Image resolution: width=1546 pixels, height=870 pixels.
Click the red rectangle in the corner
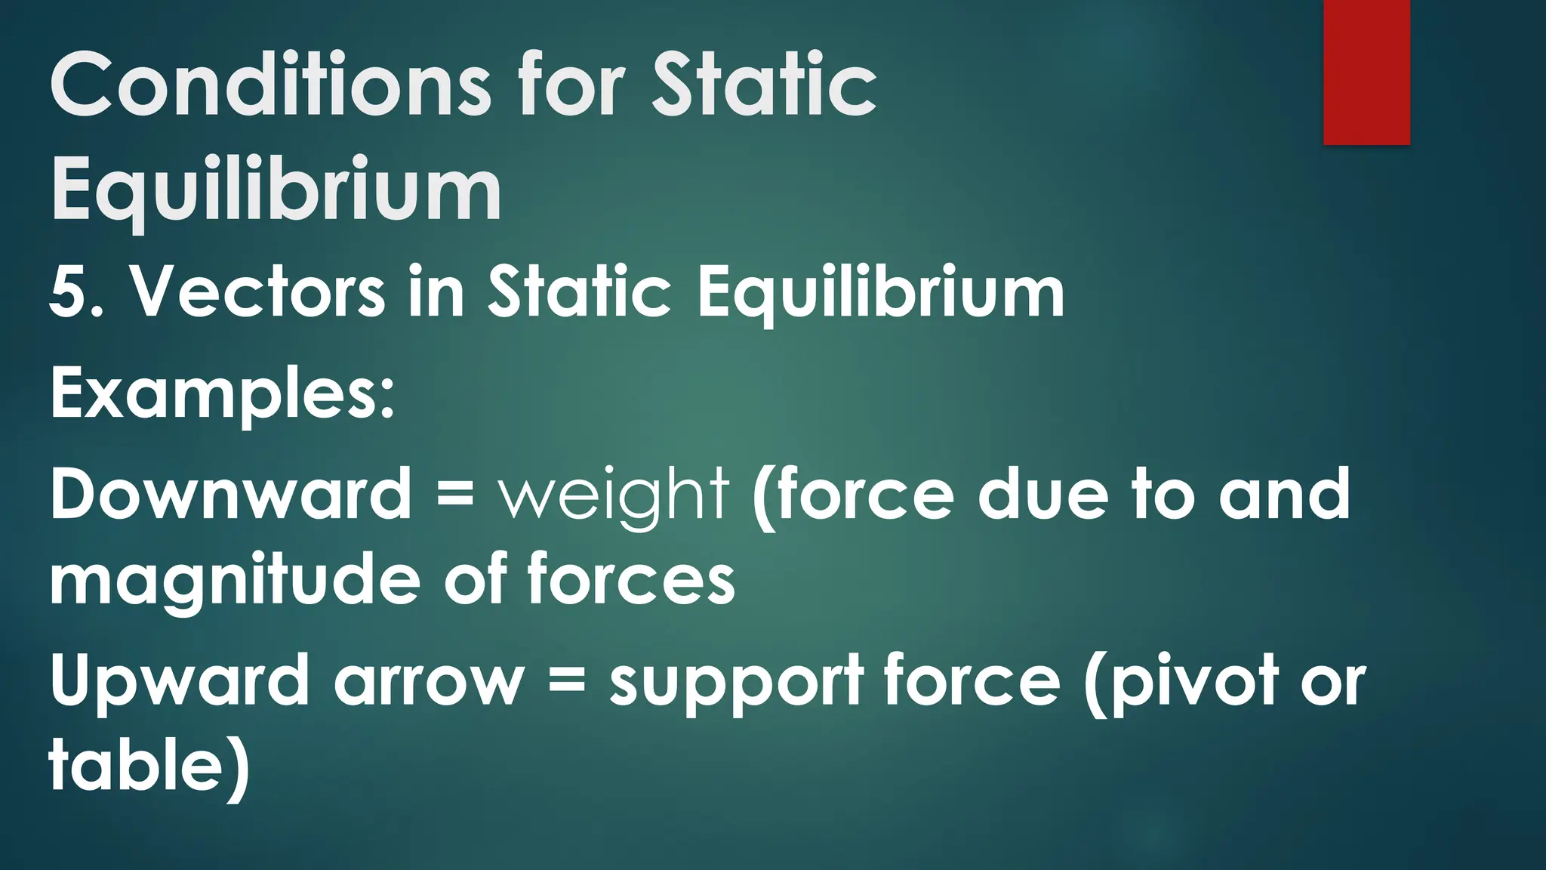tap(1366, 72)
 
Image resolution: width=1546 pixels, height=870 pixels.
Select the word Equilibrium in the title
tap(276, 189)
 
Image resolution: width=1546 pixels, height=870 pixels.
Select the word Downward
tap(230, 494)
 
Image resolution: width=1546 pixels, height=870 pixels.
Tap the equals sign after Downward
tap(455, 495)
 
